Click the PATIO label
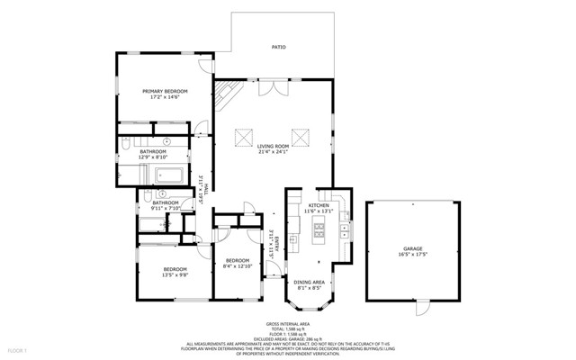280,46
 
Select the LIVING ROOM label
273,146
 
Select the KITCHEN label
320,205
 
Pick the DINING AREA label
310,283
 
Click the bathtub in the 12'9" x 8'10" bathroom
167,175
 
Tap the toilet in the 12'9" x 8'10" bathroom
128,144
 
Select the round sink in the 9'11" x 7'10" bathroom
163,193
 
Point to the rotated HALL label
206,188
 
